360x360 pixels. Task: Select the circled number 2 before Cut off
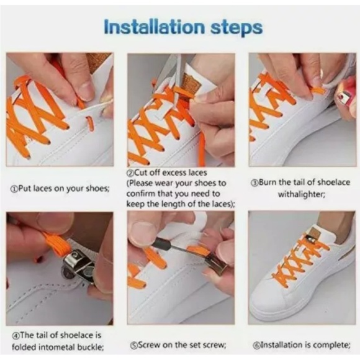tap(130, 173)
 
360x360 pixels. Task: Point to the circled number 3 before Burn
tap(254, 183)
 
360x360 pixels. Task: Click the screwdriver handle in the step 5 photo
tap(161, 244)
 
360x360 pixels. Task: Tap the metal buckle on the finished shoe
tap(311, 239)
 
